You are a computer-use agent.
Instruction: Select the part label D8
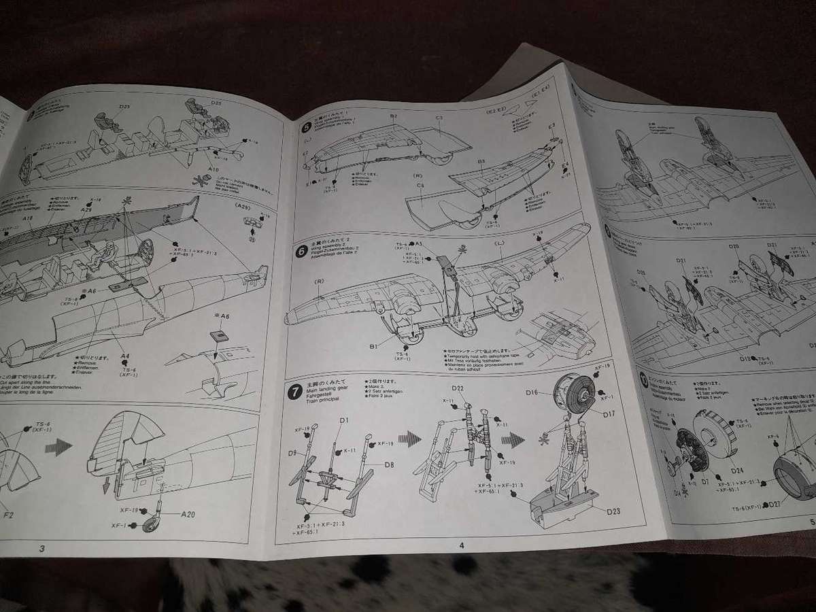389,465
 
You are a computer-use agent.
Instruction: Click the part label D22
458,388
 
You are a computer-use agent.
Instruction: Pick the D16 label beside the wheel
532,392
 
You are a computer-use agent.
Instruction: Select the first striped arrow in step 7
409,439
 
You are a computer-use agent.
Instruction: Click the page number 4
461,544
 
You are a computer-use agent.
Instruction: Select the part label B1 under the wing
373,347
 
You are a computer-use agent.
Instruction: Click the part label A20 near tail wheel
188,514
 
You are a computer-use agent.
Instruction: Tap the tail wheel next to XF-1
150,524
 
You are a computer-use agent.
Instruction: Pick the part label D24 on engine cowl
736,471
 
